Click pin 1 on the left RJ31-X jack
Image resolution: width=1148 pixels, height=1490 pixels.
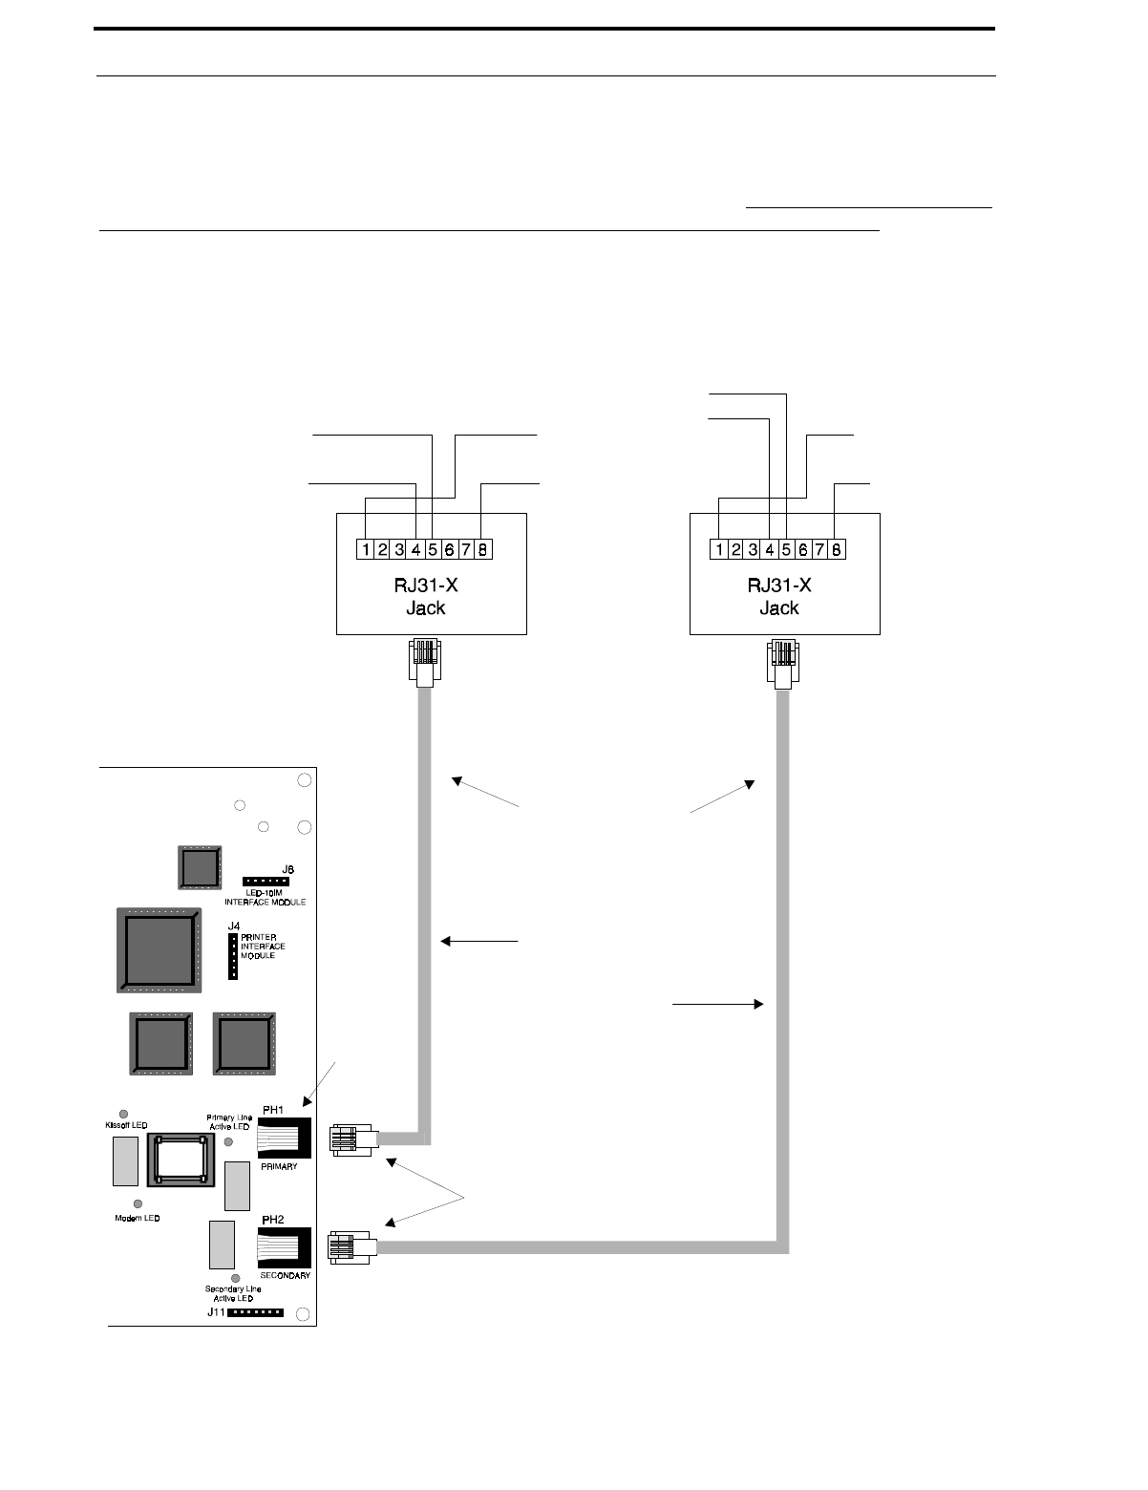coord(366,549)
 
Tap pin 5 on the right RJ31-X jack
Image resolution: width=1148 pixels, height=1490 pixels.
coord(786,549)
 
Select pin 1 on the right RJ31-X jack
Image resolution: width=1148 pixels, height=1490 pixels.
coord(719,549)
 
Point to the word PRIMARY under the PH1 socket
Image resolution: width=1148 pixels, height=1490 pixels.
coord(279,1166)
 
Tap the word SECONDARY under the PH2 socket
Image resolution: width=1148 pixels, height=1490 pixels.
coord(285,1276)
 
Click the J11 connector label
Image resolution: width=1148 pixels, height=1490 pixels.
coord(219,1312)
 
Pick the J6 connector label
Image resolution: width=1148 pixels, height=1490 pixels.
coord(287,869)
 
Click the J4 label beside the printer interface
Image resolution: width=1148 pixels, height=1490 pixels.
coord(233,926)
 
